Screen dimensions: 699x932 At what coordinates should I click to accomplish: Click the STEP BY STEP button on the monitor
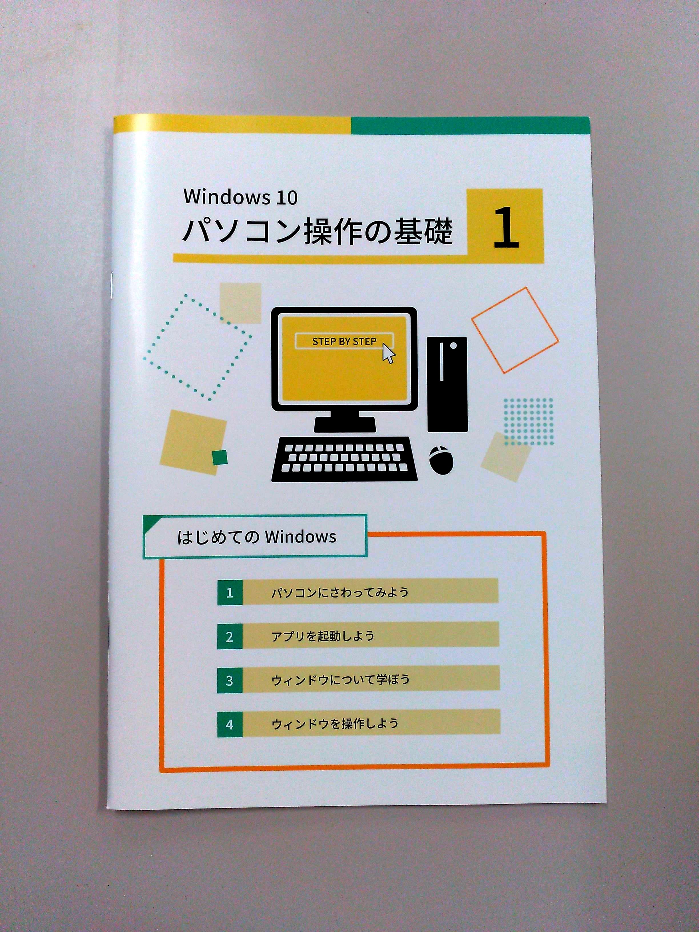pyautogui.click(x=344, y=341)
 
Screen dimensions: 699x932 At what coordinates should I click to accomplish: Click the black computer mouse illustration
pyautogui.click(x=441, y=460)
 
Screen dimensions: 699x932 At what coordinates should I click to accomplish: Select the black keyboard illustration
pyautogui.click(x=345, y=459)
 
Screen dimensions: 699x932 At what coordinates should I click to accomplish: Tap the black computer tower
pyautogui.click(x=447, y=384)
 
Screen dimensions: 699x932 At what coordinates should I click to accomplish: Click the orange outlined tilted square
pyautogui.click(x=515, y=330)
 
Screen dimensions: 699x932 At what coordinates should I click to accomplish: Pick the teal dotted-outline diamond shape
pyautogui.click(x=197, y=347)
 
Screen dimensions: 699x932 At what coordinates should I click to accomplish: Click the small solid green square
pyautogui.click(x=220, y=457)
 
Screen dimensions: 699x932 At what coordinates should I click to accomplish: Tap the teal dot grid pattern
pyautogui.click(x=528, y=421)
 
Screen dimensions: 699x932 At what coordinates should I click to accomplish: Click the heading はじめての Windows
pyautogui.click(x=257, y=537)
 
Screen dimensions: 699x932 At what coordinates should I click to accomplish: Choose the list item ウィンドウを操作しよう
pyautogui.click(x=335, y=724)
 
